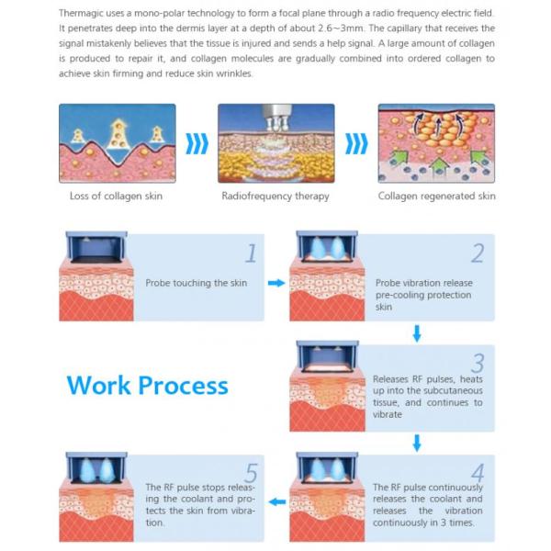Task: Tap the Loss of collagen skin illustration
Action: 117,142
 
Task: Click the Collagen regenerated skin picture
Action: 436,142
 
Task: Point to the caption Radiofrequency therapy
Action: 275,196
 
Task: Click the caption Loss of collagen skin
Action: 116,196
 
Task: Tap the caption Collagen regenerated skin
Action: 436,196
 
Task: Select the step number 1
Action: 250,253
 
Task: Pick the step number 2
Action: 478,253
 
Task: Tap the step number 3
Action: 478,363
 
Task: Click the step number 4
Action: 478,468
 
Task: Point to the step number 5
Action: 250,469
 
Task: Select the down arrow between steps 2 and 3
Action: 417,332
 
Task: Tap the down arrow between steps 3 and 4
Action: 417,443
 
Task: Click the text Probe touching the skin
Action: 197,283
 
